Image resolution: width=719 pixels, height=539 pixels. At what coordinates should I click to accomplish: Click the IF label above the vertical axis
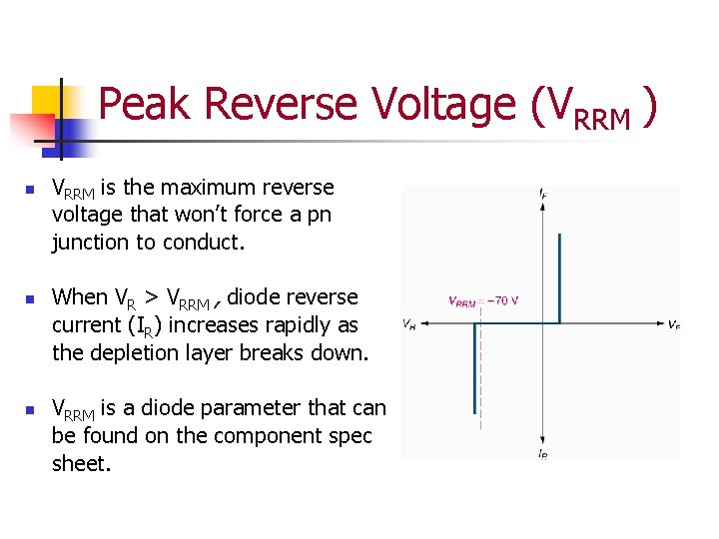(542, 192)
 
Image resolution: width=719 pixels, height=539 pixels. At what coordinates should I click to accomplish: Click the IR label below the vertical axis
(542, 455)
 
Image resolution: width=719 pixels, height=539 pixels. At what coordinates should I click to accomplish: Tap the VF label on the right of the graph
(674, 324)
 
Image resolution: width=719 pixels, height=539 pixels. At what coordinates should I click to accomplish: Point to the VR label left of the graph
(409, 324)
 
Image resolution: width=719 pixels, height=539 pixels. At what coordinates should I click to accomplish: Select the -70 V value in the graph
(501, 300)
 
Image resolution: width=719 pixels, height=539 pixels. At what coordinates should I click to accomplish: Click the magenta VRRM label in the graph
(462, 301)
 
